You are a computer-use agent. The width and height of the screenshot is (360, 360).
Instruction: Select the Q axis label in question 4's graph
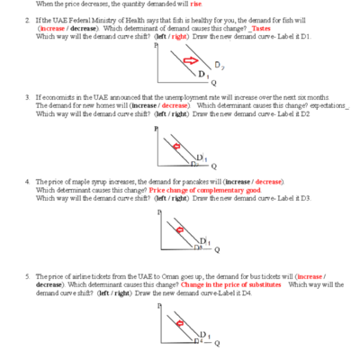(217, 249)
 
